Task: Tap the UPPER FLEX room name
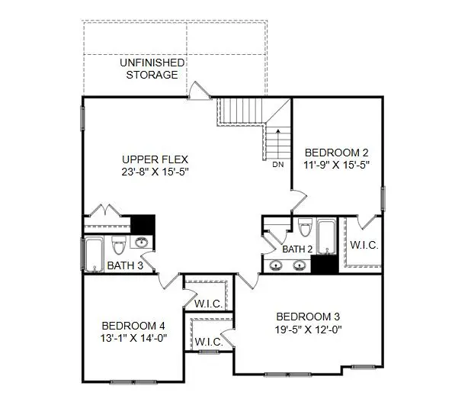[155, 159]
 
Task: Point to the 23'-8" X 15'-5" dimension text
[155, 172]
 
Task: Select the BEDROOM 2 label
[336, 151]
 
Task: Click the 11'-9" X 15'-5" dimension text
[336, 164]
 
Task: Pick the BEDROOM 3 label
[307, 317]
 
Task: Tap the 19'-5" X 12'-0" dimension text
[307, 330]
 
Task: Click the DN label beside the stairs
[277, 163]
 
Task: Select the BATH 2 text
[298, 249]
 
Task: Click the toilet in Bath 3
[118, 246]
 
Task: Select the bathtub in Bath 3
[95, 253]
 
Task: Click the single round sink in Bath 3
[141, 243]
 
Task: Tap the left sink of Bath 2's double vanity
[277, 265]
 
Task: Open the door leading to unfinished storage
[197, 91]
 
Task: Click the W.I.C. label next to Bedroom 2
[364, 246]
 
